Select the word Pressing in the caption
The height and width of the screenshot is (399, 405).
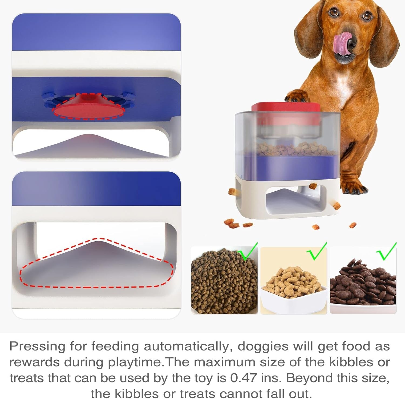pyautogui.click(x=37, y=346)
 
